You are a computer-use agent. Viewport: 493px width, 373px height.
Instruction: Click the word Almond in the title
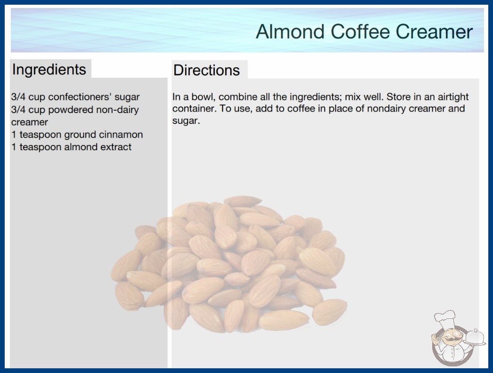(x=290, y=32)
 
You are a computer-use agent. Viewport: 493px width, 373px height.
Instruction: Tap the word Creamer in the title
(x=434, y=32)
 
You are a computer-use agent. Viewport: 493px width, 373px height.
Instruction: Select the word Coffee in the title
(x=360, y=32)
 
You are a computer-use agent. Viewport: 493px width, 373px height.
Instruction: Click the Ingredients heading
(x=49, y=70)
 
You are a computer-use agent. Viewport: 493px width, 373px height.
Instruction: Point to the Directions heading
(x=206, y=70)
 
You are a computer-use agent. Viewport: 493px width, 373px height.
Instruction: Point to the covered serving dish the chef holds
(x=475, y=337)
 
